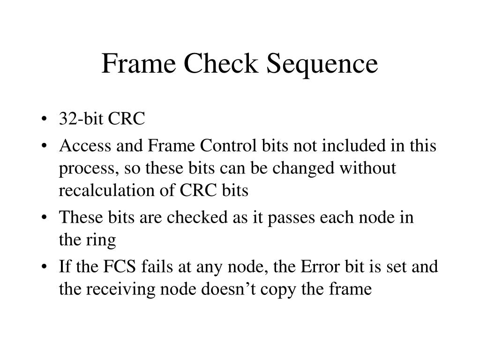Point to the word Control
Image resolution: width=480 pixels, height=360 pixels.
229,146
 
